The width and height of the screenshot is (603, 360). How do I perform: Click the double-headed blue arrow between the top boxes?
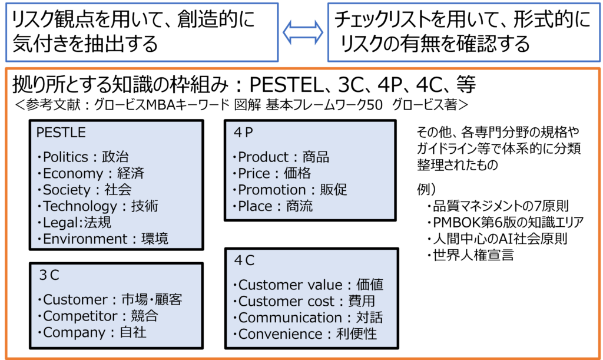coord(303,32)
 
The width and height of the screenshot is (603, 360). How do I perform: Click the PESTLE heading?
coord(61,133)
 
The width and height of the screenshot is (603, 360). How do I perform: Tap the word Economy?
coord(72,174)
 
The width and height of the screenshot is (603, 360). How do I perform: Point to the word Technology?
coord(80,206)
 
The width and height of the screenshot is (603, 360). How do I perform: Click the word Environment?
coord(85,239)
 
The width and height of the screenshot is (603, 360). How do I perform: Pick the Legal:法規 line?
coord(77,223)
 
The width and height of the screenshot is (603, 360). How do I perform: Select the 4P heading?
coord(243,133)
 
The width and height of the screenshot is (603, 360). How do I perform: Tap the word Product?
coord(263,157)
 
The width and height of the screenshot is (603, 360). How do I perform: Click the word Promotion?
coord(271,190)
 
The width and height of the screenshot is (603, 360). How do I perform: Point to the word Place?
coord(255,206)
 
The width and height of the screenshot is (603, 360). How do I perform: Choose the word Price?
coord(254,174)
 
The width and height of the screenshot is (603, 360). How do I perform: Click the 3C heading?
coord(49,275)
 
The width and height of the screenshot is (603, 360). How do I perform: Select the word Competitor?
coord(76,316)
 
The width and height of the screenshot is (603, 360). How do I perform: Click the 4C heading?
coord(244,260)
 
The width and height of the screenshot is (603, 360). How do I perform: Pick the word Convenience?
coord(280,334)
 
